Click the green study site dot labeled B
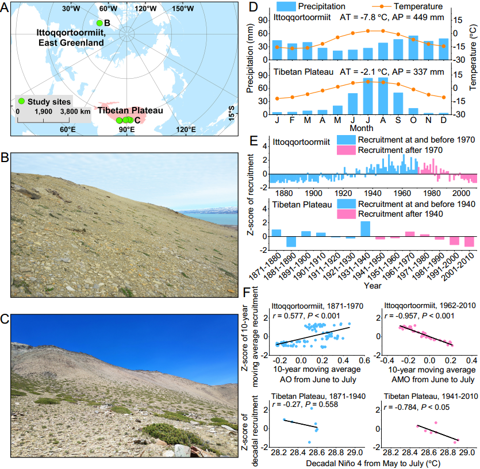click(x=99, y=23)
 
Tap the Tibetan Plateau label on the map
click(x=130, y=110)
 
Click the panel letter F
click(x=247, y=292)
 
